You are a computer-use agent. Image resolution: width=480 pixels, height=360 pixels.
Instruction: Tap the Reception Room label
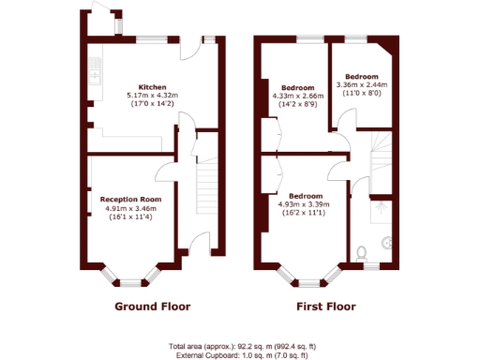[132, 199]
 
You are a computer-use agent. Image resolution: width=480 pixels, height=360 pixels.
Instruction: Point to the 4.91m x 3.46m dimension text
[132, 208]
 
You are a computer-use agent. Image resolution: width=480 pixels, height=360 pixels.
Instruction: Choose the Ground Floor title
[152, 307]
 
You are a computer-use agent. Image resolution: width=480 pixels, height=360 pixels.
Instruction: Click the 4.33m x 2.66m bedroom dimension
[298, 95]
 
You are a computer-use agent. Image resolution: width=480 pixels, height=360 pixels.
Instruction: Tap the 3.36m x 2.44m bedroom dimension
[361, 86]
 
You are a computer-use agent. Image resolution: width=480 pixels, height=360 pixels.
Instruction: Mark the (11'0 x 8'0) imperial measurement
[361, 95]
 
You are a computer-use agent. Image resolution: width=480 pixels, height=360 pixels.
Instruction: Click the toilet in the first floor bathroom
[363, 251]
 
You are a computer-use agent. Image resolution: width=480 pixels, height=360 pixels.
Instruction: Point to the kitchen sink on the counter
[94, 67]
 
